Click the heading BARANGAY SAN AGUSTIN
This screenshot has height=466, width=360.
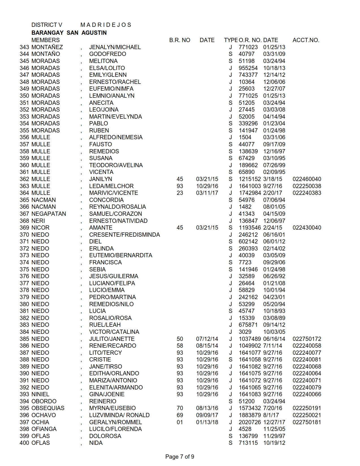(x=69, y=33)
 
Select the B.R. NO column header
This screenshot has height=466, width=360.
(x=180, y=40)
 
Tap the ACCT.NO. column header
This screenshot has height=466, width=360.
(x=306, y=40)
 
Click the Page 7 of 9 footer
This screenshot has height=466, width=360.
(x=180, y=457)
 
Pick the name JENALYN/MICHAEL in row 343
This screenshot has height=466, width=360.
(x=115, y=47)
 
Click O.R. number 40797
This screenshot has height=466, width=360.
(x=246, y=54)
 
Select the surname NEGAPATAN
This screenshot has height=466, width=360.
(x=49, y=214)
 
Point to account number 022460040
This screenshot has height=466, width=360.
(x=307, y=179)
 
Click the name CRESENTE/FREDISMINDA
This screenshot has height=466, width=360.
(x=125, y=235)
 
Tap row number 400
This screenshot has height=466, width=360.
(x=24, y=443)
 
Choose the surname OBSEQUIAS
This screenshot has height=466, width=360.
(x=48, y=408)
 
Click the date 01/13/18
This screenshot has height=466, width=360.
(x=207, y=422)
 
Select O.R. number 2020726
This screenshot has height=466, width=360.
(x=250, y=422)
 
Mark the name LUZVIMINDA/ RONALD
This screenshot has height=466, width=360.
(x=119, y=415)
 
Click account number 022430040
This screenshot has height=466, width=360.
(x=307, y=228)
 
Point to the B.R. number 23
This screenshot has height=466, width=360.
(x=180, y=193)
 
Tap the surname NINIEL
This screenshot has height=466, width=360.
(x=40, y=394)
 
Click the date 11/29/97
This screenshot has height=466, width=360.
(x=274, y=436)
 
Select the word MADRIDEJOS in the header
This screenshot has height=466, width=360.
(x=106, y=25)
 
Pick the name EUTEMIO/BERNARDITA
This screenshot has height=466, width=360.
(x=121, y=255)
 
